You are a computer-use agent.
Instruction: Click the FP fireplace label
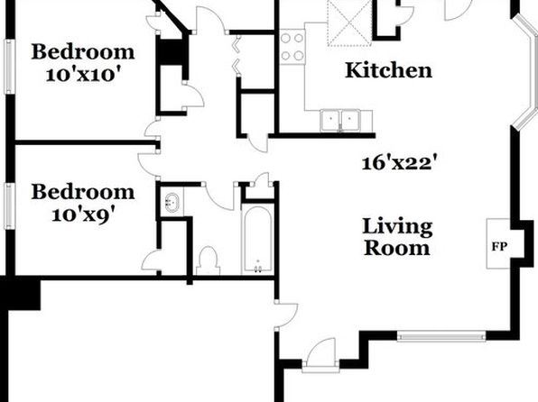point(499,247)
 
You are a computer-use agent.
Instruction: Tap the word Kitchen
point(388,70)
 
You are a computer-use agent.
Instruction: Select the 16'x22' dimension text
point(401,163)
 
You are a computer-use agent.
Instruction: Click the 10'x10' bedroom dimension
point(84,75)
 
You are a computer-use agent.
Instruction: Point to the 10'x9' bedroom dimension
point(83,215)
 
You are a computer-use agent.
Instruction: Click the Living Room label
point(397,237)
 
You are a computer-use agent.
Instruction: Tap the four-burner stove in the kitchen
point(292,47)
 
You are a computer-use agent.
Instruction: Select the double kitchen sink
point(340,120)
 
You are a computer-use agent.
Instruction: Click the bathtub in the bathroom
point(257,239)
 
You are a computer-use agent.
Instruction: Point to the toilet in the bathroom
point(208,261)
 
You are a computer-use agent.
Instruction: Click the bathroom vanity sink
point(172,203)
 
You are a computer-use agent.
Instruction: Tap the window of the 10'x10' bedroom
point(10,67)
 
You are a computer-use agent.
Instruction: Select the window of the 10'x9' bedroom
point(10,206)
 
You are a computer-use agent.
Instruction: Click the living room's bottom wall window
point(441,336)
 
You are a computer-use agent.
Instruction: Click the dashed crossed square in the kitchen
point(349,23)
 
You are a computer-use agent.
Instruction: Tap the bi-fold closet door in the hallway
point(237,55)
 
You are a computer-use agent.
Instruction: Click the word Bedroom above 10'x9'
point(83,192)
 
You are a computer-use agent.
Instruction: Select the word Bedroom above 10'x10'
point(83,51)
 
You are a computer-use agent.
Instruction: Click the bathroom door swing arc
point(219,196)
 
